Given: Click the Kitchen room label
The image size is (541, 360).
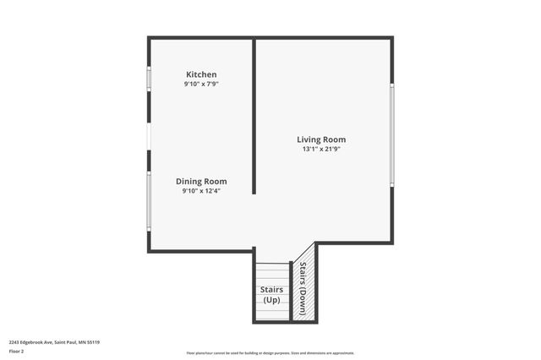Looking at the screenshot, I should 201,74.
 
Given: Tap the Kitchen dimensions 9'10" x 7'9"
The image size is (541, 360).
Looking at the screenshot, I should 201,85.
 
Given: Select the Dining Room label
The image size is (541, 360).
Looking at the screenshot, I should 201,181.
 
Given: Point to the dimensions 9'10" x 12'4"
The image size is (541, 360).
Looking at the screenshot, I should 201,191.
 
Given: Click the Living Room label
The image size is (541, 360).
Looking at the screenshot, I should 321,139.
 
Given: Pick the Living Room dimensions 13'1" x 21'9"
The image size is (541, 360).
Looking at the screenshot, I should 321,149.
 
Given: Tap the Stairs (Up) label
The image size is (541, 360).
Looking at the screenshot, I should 271,295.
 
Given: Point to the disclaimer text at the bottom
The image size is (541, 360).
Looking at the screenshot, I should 270,353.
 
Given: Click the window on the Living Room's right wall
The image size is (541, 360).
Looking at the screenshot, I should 392,135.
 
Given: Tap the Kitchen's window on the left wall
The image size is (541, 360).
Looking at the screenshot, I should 149,79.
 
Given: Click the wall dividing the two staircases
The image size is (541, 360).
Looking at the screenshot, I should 292,292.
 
